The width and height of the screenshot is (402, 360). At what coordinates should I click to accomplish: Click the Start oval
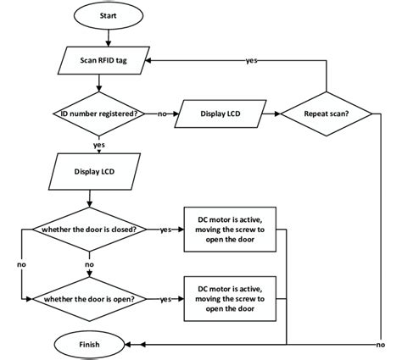[x=109, y=15]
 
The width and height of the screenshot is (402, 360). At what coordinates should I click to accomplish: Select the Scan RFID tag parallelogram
[x=103, y=60]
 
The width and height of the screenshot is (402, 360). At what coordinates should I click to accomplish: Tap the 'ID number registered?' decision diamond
[x=98, y=114]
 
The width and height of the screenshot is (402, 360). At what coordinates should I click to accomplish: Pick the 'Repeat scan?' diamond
[x=327, y=114]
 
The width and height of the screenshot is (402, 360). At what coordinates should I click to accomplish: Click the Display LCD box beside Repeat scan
[x=221, y=114]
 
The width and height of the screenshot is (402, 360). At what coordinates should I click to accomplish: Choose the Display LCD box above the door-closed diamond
[x=94, y=172]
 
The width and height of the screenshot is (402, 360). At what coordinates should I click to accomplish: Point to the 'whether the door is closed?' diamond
[x=89, y=230]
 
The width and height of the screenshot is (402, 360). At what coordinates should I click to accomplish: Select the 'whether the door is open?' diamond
[x=89, y=299]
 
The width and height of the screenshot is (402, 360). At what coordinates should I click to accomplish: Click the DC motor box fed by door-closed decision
[x=230, y=230]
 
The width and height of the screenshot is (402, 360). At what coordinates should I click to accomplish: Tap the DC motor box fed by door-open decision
[x=230, y=299]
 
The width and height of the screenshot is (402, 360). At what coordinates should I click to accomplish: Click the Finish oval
[x=89, y=345]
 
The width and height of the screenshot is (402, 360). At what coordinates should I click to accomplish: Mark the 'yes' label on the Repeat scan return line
[x=251, y=60]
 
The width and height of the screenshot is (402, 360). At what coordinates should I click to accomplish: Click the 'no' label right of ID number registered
[x=162, y=114]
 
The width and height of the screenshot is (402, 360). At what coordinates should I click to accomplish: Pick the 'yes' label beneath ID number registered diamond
[x=99, y=145]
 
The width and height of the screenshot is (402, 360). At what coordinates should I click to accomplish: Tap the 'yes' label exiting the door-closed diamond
[x=165, y=230]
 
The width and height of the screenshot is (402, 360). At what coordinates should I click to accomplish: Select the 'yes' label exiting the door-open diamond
[x=165, y=299]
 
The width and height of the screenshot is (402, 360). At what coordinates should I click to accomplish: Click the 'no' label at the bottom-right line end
[x=381, y=345]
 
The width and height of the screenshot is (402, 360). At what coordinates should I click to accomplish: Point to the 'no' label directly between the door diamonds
[x=89, y=264]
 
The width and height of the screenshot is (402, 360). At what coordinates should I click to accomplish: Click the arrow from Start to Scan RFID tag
[x=109, y=38]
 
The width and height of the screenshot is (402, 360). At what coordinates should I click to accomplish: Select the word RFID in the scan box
[x=106, y=60]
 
